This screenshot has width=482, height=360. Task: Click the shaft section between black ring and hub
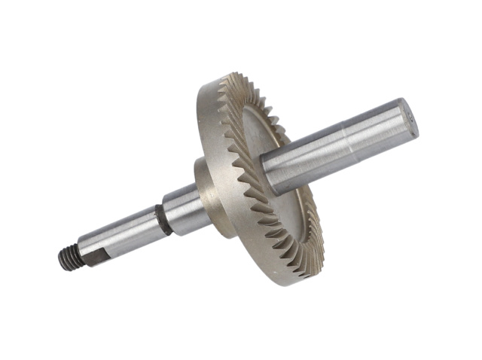181,207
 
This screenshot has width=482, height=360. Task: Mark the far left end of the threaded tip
59,261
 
